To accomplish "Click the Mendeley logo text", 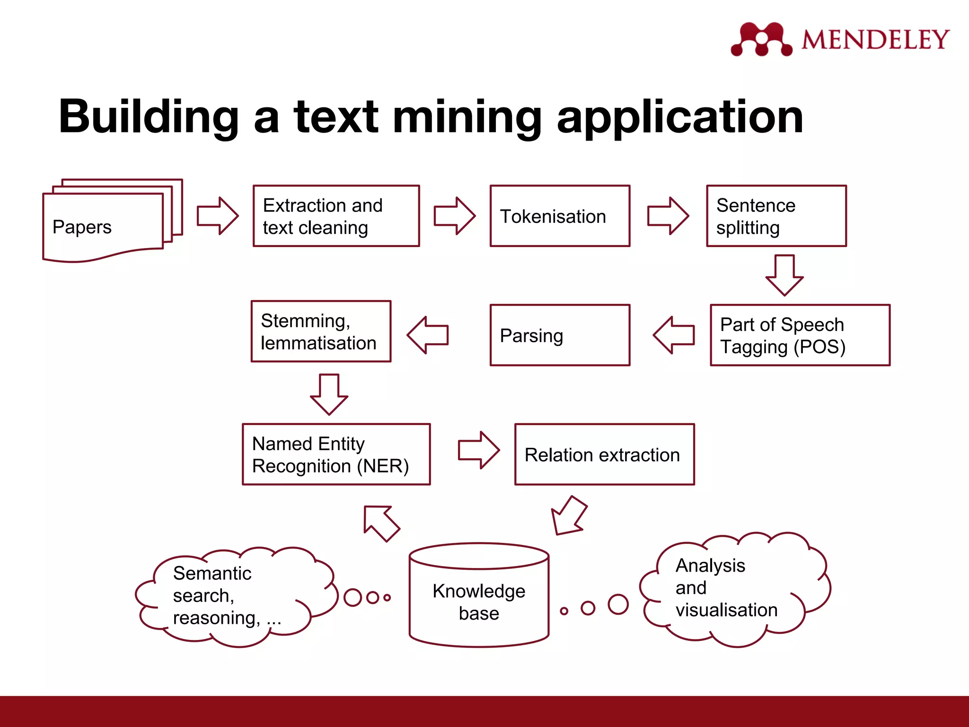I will click(875, 39).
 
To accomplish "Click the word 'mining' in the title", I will click(467, 117).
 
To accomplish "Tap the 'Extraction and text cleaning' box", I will click(336, 216).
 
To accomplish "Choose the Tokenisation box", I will click(560, 216).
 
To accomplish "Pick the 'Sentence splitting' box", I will click(776, 216).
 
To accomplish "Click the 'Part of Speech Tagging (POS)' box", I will click(800, 335).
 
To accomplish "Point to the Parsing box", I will click(560, 335).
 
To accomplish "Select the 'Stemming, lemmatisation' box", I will click(321, 331).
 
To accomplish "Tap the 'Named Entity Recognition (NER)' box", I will click(336, 454).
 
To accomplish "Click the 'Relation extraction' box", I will click(604, 454).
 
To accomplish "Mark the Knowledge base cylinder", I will click(479, 596).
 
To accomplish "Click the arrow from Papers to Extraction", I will click(218, 216).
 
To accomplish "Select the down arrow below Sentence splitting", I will click(784, 275).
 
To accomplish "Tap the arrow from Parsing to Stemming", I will click(428, 335).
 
